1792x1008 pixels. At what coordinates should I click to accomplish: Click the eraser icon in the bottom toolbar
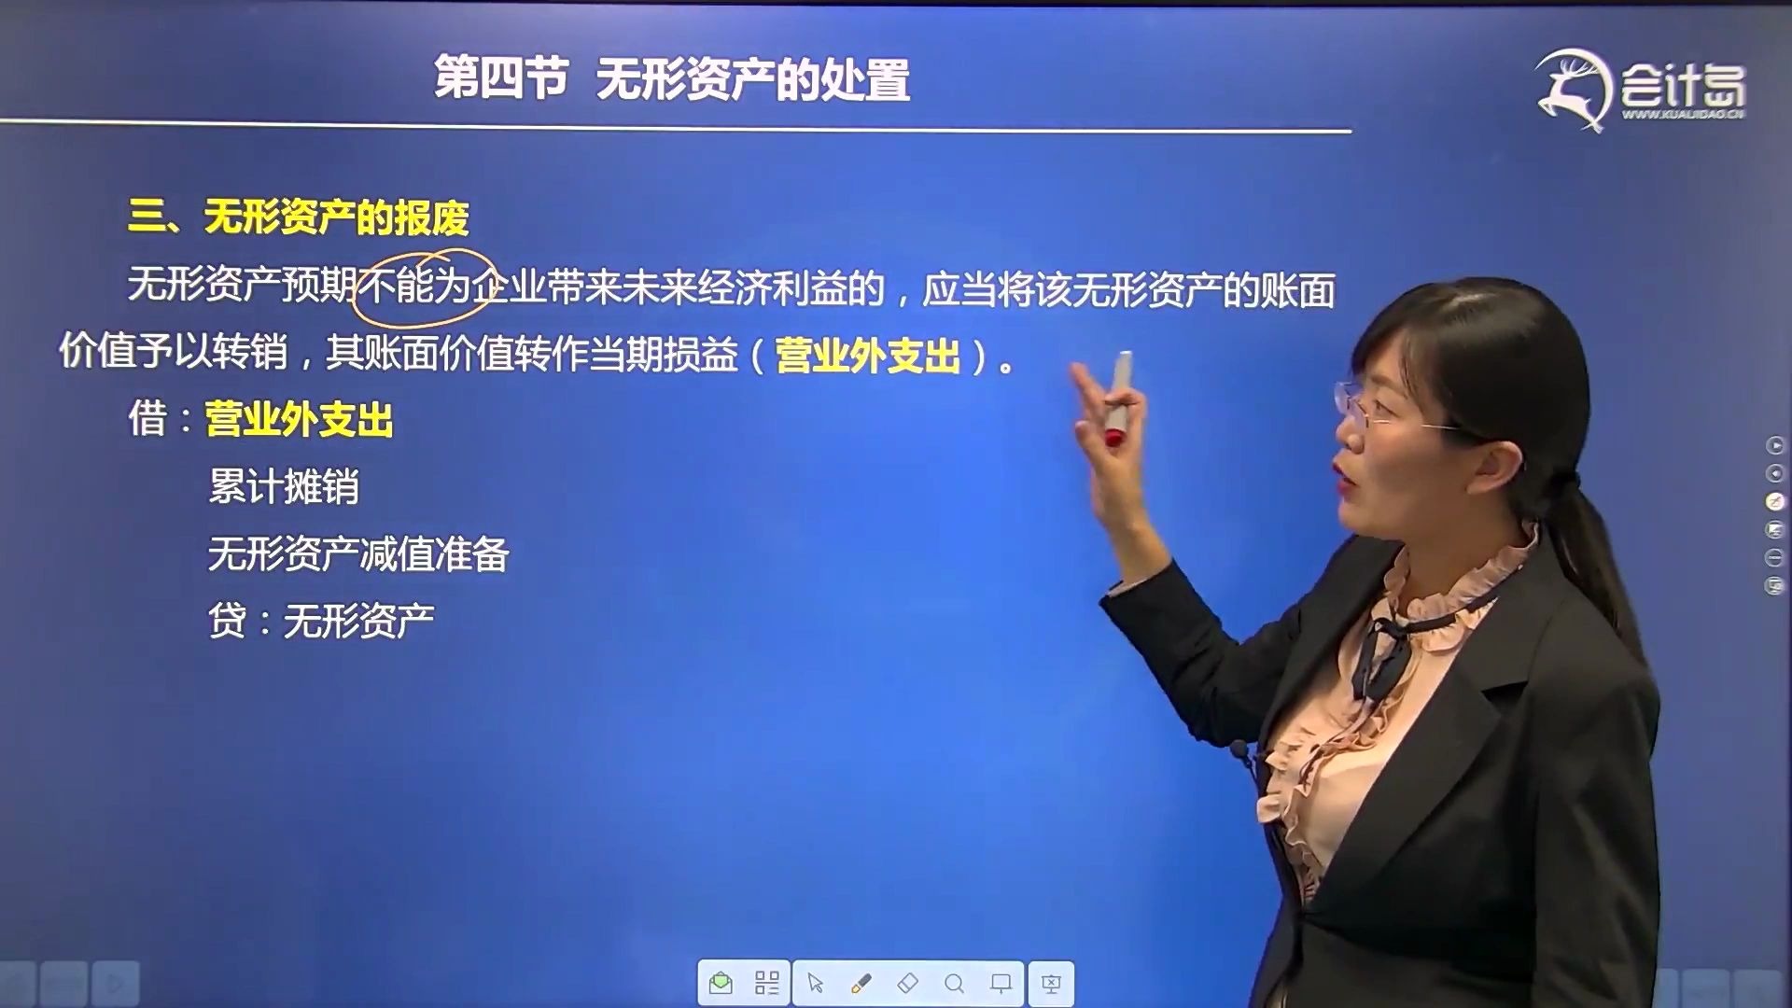pyautogui.click(x=907, y=984)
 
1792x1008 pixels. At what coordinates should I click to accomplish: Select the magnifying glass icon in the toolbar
pyautogui.click(x=954, y=984)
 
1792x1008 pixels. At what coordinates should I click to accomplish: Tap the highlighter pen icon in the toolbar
pyautogui.click(x=861, y=984)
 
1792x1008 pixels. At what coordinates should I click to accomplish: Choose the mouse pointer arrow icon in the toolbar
pyautogui.click(x=815, y=984)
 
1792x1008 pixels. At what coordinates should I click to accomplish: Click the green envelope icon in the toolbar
pyautogui.click(x=721, y=984)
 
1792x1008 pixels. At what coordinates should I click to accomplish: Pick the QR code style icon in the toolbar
pyautogui.click(x=767, y=984)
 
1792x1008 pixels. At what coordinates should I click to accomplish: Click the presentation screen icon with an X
pyautogui.click(x=1051, y=984)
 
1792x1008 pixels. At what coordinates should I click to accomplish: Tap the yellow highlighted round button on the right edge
pyautogui.click(x=1775, y=502)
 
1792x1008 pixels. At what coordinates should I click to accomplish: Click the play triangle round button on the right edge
pyautogui.click(x=1775, y=446)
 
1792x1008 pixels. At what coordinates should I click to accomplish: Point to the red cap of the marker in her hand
pyautogui.click(x=1113, y=437)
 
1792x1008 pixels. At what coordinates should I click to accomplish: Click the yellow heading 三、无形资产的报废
pyautogui.click(x=299, y=218)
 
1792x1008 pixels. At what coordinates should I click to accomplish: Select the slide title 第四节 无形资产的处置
pyautogui.click(x=672, y=78)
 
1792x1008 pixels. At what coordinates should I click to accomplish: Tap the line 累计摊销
pyautogui.click(x=284, y=487)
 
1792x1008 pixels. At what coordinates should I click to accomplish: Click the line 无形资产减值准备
pyautogui.click(x=358, y=554)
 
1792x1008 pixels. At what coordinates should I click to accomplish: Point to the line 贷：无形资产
pyautogui.click(x=321, y=621)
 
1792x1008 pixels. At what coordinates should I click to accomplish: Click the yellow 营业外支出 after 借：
pyautogui.click(x=299, y=420)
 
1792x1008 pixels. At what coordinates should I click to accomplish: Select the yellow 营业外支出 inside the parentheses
pyautogui.click(x=868, y=357)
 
